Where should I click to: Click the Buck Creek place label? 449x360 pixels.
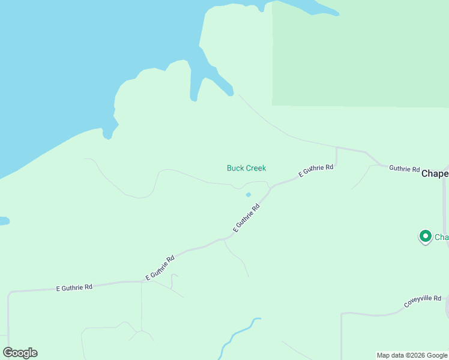[246, 168]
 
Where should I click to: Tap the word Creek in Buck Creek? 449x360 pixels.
[255, 168]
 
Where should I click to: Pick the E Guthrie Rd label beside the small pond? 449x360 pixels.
[247, 218]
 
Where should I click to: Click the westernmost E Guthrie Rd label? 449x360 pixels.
[74, 287]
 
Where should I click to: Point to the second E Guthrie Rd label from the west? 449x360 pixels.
[160, 268]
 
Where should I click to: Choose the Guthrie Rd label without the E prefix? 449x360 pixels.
[404, 169]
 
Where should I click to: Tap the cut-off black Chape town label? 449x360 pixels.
[435, 173]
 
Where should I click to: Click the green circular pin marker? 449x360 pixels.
[426, 236]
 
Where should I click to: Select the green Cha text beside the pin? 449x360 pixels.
[442, 237]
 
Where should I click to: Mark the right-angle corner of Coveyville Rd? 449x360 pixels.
[342, 313]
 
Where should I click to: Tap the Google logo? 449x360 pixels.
[20, 353]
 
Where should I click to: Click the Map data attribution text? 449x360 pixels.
[391, 355]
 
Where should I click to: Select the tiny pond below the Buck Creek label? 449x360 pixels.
[249, 194]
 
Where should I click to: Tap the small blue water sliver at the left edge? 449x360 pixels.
[4, 221]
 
